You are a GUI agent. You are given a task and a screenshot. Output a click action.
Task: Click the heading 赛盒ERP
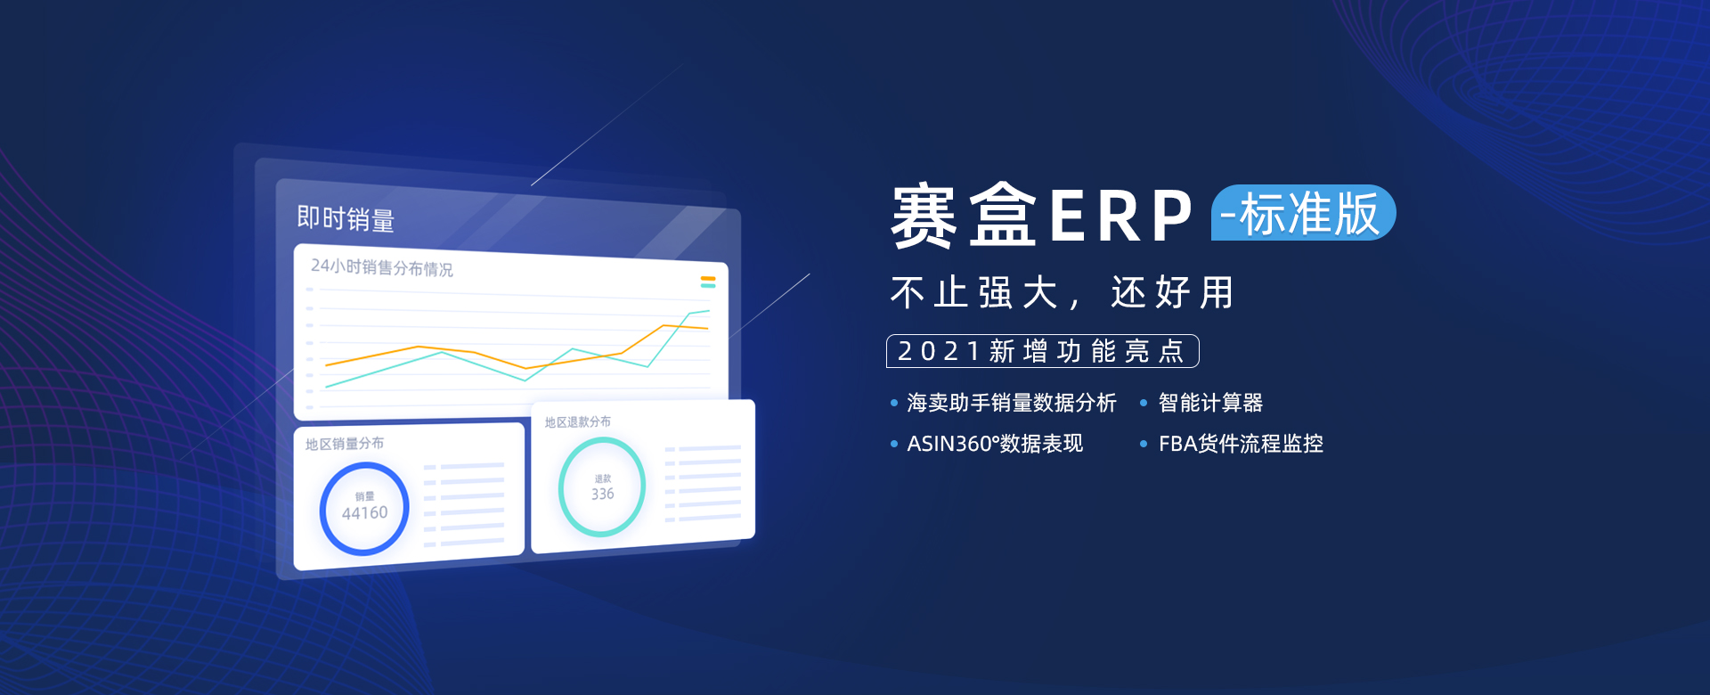tap(1042, 216)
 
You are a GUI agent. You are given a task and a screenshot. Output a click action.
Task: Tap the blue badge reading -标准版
tap(1303, 213)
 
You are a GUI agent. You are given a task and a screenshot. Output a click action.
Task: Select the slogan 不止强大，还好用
tap(1062, 292)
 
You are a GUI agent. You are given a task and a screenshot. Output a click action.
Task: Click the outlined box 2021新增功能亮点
tap(1042, 351)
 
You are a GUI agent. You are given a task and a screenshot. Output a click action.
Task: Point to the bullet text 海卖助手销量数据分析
tap(1011, 403)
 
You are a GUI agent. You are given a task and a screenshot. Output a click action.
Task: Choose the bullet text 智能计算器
tap(1210, 403)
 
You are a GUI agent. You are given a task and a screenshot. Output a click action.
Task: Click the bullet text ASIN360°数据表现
tap(995, 444)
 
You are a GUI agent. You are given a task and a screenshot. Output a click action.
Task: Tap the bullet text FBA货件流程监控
tap(1241, 444)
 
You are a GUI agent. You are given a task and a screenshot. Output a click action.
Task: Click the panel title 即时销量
tap(346, 218)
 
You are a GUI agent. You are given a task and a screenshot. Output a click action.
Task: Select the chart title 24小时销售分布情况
tap(381, 267)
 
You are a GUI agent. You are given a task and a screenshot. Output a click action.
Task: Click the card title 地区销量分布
tap(345, 444)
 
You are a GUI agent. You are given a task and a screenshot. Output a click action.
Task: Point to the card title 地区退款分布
tap(578, 421)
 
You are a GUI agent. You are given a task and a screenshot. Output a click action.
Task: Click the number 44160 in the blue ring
tap(364, 513)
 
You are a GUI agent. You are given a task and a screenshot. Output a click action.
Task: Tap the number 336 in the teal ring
tap(603, 494)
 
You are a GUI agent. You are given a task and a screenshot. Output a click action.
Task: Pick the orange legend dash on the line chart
tap(708, 279)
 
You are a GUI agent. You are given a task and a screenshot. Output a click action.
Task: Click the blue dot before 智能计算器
tap(1144, 404)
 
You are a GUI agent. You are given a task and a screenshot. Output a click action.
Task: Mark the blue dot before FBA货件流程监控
tap(1144, 444)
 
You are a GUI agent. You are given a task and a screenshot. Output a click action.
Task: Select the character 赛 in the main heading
tap(924, 216)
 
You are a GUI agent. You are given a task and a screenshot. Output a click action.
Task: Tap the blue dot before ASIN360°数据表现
tap(894, 444)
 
